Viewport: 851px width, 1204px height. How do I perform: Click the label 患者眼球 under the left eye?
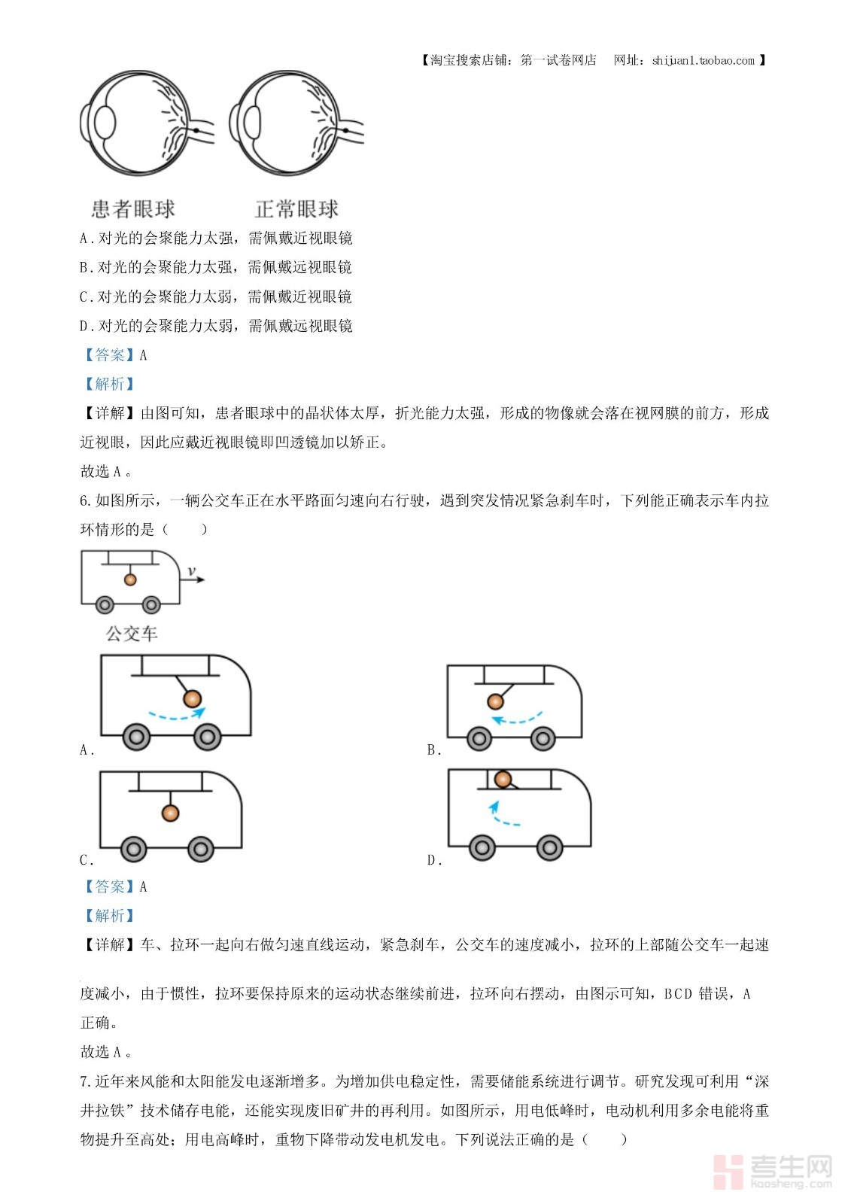click(x=133, y=208)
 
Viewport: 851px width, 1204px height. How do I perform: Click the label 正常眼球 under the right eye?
click(x=296, y=208)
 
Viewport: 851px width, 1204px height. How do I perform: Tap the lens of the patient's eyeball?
click(x=105, y=123)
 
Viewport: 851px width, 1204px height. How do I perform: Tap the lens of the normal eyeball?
click(x=253, y=121)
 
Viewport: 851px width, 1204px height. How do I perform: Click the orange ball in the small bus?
click(x=130, y=579)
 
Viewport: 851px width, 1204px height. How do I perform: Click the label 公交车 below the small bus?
click(x=132, y=634)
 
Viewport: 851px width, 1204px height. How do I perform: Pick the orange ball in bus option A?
click(x=193, y=698)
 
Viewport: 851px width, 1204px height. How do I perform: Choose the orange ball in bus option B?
click(x=495, y=701)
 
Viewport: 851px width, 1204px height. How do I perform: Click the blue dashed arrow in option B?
click(x=517, y=719)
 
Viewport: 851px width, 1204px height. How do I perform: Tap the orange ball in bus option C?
click(x=171, y=813)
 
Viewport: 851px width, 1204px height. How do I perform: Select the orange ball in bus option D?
click(x=503, y=780)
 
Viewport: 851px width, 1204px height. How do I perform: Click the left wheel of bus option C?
click(x=134, y=850)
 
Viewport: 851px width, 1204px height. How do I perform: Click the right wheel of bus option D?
click(x=549, y=848)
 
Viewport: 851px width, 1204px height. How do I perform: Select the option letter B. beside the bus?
click(x=434, y=749)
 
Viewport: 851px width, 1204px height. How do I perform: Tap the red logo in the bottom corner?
click(x=728, y=1171)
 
